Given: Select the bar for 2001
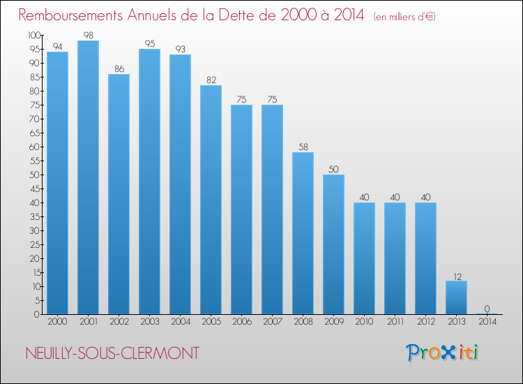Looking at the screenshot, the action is coord(88,177).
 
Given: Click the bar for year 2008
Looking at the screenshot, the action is coord(303,233).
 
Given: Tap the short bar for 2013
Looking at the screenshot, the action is coord(456,297).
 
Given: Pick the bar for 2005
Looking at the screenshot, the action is coord(211,200).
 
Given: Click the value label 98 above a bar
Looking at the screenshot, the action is coord(89,35).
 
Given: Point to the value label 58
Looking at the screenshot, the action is coord(303,147).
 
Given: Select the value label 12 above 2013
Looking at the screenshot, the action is coord(457,276).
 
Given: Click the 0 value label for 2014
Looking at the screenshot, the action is coord(487,309).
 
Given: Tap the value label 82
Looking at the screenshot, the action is coord(211,80).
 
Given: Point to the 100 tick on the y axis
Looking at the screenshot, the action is coord(34,35).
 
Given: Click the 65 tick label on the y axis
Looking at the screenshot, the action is coord(35,133).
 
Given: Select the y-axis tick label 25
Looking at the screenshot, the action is coord(35,245).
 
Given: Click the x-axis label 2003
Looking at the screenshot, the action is coord(150,321).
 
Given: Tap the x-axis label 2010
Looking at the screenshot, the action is coord(364,321).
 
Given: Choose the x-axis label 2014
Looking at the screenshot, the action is coord(487,321).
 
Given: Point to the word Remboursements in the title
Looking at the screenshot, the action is coord(70,15).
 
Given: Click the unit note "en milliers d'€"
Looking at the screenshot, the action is coord(404,16).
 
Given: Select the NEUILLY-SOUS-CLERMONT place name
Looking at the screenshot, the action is coord(112,353).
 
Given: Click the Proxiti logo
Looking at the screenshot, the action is coord(442,353).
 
